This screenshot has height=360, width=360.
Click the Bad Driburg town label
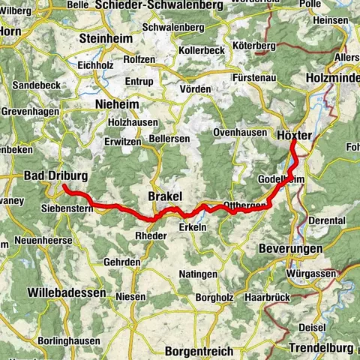point(55,175)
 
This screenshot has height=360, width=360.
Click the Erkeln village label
point(193,228)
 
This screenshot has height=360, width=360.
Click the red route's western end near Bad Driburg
point(64,186)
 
